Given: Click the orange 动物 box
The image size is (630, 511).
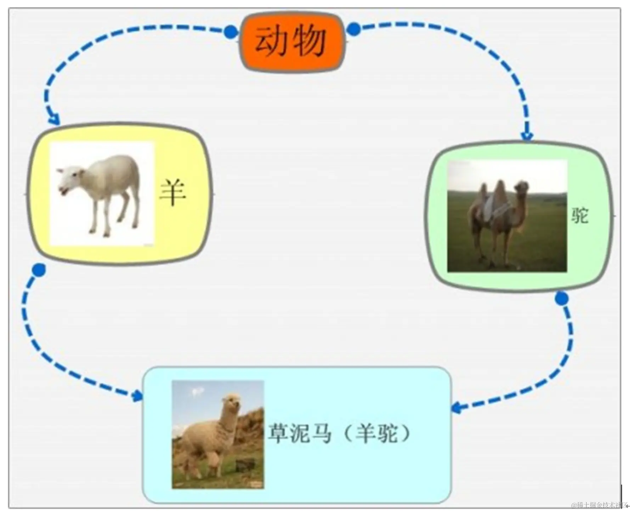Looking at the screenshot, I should point(292,42).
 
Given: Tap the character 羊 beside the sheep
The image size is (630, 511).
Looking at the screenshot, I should point(172,192).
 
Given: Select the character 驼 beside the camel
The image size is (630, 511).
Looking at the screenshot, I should point(580,215).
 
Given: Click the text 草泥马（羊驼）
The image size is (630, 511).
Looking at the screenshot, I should point(339,433).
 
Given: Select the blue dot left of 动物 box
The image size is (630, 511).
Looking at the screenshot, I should point(231,32).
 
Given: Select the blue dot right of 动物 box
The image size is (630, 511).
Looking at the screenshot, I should point(353,29).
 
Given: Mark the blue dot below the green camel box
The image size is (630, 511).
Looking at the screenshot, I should point(562,299).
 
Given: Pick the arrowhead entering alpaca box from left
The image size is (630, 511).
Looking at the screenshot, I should point(137,396).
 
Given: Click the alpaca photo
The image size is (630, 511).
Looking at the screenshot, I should point(218,435).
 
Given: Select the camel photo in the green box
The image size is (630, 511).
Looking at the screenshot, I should point(507,216).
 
